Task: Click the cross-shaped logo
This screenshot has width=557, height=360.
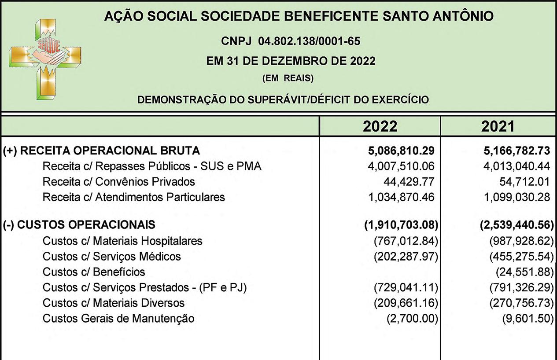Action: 45,58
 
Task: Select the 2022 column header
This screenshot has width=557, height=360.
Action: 380,127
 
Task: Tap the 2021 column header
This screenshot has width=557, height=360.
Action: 498,127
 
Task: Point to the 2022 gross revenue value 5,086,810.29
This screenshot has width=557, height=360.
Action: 401,151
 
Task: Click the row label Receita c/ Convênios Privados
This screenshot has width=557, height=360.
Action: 118,181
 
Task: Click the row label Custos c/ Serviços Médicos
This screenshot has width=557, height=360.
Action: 111,256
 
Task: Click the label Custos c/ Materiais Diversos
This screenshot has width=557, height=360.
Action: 113,303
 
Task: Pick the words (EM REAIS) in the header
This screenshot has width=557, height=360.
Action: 288,79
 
